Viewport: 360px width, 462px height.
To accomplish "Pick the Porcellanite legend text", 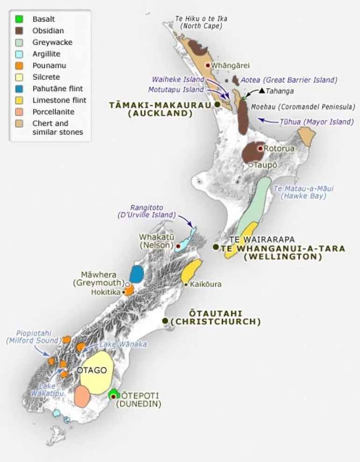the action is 53,112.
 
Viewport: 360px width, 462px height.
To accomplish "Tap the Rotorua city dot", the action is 260,148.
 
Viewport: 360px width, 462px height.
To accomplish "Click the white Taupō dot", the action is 251,165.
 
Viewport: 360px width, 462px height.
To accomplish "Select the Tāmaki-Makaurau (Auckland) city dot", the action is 218,104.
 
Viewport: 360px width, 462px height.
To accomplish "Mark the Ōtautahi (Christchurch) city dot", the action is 165,321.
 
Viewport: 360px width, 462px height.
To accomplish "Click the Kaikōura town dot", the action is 186,284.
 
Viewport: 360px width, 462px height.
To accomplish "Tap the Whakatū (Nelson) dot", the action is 178,245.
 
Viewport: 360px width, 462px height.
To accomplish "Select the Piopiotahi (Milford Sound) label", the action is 29,337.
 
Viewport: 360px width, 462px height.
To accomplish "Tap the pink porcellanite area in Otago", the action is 83,396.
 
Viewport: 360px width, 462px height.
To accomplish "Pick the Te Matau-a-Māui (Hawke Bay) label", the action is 304,192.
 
